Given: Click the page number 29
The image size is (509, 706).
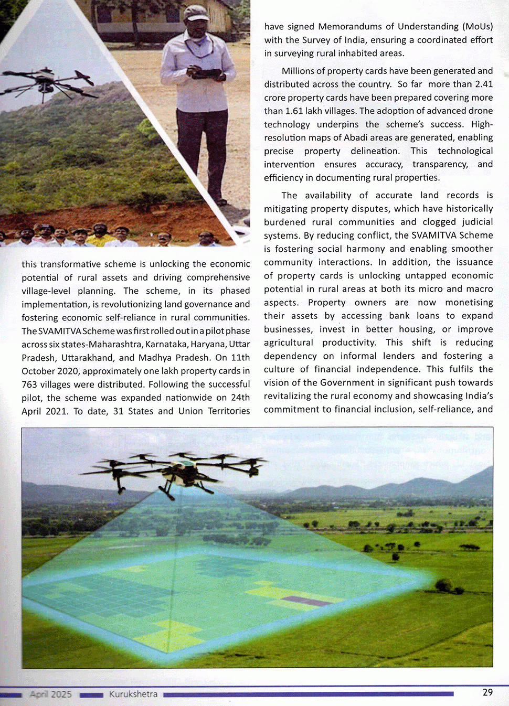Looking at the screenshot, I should point(487,692).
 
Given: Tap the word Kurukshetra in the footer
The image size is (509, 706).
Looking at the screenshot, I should point(133,694).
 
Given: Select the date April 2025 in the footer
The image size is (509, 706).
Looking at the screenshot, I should point(51,694).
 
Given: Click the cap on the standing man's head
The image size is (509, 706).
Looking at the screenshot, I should point(196,13).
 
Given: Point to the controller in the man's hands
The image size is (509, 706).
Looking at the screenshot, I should point(206,73).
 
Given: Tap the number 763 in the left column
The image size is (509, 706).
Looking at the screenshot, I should point(29,384).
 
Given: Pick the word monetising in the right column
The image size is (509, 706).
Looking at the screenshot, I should point(469,302).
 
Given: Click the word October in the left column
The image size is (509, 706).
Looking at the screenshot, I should point(38,371).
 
